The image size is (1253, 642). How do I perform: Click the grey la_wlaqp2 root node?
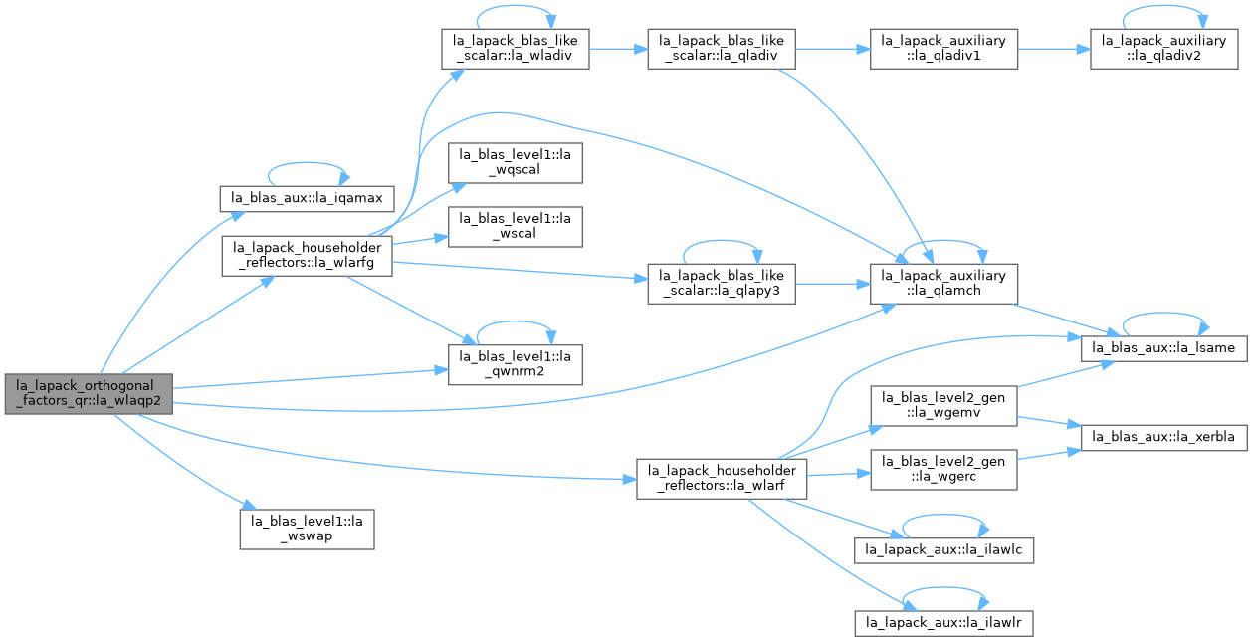tap(89, 394)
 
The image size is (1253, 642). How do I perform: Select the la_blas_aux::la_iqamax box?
tap(308, 198)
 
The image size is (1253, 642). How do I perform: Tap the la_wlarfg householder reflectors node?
tap(308, 256)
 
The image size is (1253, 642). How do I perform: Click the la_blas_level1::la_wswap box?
tap(308, 530)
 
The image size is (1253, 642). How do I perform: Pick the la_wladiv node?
tap(516, 49)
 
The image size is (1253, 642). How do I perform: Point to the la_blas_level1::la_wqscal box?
tap(516, 162)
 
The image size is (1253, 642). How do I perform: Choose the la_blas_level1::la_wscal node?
tap(516, 227)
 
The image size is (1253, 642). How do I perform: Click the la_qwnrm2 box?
tap(516, 364)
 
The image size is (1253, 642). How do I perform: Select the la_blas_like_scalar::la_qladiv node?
tap(722, 49)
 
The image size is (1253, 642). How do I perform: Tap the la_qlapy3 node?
tap(722, 284)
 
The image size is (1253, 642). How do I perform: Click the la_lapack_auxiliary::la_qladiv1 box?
tap(943, 49)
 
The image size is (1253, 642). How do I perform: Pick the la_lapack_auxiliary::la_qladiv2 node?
tap(1164, 49)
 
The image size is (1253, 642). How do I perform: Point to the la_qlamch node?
tap(943, 284)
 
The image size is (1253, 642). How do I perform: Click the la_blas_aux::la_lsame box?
tap(1164, 348)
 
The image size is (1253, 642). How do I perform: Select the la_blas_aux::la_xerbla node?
tap(1164, 437)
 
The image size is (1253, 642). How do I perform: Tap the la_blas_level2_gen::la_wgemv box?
tap(943, 406)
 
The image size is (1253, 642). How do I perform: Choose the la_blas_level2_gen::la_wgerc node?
tap(943, 470)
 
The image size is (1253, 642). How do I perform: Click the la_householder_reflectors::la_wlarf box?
tap(722, 479)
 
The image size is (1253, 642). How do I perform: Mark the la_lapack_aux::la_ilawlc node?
tap(943, 550)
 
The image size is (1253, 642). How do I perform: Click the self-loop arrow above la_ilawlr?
tap(944, 588)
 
